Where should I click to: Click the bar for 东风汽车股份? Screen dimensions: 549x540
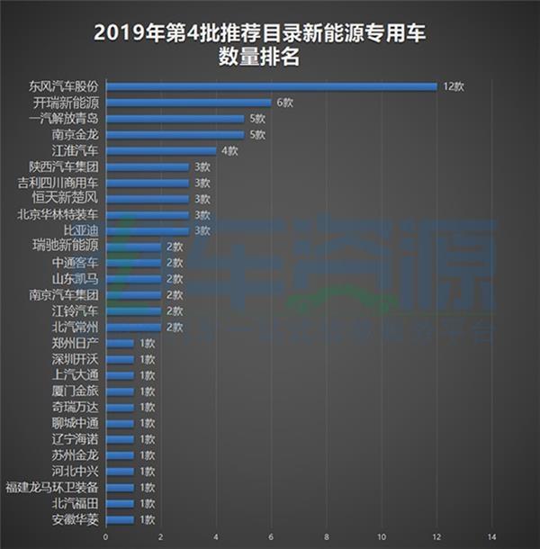pos(270,86)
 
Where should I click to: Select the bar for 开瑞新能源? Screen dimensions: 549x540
pos(188,103)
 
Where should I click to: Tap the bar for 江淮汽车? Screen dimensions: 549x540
pos(161,151)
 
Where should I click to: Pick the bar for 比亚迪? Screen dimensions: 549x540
pos(148,231)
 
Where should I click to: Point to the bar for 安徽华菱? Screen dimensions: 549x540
pos(120,519)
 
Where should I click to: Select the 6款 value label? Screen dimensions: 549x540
pos(283,103)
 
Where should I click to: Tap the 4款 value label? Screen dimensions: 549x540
pos(229,151)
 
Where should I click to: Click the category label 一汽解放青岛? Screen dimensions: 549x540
pos(64,119)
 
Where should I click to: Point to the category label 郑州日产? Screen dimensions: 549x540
pos(76,343)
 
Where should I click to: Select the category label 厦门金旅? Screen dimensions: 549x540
pos(76,391)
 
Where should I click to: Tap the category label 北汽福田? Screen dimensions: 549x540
pos(76,504)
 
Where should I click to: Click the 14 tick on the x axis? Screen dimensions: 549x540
pos(491,537)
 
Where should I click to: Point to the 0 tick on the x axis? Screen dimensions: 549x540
pos(106,537)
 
